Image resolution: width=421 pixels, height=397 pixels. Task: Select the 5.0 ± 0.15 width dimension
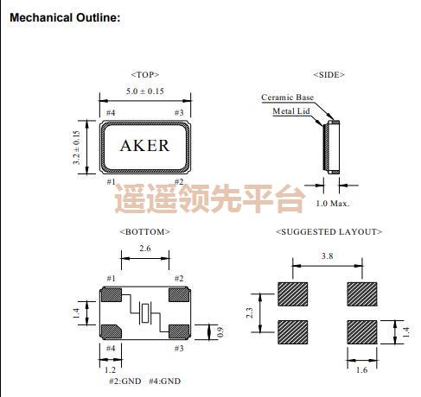[144, 91]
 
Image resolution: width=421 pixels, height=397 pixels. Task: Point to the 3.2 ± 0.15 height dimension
[77, 147]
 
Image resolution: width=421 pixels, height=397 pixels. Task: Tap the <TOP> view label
[144, 74]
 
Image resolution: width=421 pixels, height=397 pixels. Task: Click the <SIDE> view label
[329, 74]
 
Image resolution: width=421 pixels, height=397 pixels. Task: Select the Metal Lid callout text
[292, 110]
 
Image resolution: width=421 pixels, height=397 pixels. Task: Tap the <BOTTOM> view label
[144, 231]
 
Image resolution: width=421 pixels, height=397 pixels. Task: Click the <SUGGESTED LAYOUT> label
[329, 231]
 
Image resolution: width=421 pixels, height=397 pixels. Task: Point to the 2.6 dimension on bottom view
[144, 248]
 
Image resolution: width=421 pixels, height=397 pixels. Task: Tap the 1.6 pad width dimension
[361, 369]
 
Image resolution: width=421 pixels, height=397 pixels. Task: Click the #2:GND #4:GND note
[144, 381]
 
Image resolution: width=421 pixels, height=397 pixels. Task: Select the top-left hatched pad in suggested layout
[294, 293]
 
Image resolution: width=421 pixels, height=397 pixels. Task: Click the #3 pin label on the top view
[179, 113]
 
